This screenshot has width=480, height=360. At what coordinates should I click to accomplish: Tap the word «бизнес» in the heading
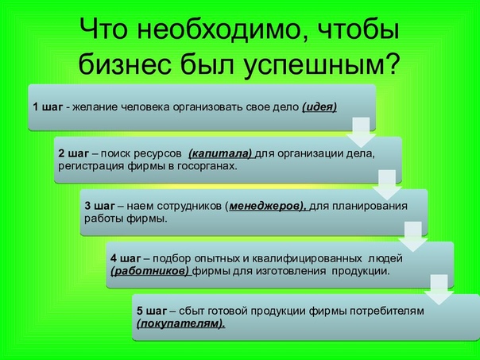[125, 64]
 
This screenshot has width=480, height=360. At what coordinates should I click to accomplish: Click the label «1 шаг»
[48, 107]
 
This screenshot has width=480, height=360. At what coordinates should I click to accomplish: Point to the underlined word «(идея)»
[319, 107]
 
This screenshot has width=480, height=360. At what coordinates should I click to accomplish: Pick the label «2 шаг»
[73, 153]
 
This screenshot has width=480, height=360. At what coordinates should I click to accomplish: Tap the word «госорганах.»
[207, 167]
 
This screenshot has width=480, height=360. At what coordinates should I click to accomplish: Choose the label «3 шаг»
[99, 206]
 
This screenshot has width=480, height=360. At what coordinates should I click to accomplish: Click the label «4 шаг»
[126, 258]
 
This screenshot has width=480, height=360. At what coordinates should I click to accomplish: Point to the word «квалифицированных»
[307, 259]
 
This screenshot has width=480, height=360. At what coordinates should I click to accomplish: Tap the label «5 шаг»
[152, 312]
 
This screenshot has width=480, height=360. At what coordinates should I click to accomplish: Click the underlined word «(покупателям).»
[180, 324]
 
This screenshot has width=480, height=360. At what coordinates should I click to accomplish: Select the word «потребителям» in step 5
[387, 312]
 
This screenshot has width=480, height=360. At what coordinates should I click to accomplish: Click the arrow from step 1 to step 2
[362, 132]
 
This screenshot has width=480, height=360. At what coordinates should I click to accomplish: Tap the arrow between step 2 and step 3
[387, 185]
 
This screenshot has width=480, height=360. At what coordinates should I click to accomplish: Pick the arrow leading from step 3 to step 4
[413, 237]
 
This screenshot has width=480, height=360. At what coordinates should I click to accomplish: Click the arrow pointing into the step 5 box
[439, 289]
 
